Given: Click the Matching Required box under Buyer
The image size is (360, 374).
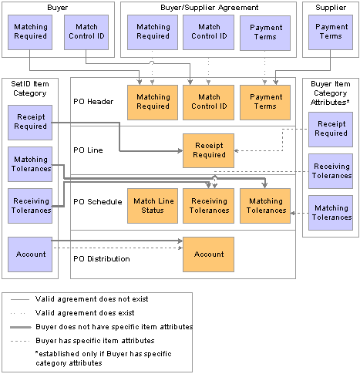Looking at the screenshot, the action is [30, 32].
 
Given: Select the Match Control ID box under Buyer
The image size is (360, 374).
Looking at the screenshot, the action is [86, 32].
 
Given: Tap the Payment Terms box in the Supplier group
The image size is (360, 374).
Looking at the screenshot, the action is [331, 32].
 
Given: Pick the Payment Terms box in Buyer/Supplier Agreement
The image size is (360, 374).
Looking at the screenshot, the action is [265, 33].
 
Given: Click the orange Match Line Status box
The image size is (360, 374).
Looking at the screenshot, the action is [153, 206].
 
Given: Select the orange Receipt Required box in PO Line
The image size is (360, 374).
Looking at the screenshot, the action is [208, 150].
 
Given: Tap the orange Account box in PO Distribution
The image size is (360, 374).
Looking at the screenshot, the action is [208, 254].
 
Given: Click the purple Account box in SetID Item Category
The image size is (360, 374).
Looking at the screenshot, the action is [30, 254].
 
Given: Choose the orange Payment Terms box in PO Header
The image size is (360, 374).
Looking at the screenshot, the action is [265, 103].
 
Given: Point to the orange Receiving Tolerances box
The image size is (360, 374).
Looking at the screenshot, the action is [208, 206].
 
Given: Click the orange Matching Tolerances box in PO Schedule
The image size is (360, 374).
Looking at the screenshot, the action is [265, 206].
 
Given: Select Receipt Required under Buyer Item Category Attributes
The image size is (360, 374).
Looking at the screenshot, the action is [331, 130].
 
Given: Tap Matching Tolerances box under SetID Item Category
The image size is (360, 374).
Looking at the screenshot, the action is [30, 164].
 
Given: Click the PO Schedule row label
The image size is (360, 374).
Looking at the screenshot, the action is [98, 202].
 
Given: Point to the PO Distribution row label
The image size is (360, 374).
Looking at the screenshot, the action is [102, 258].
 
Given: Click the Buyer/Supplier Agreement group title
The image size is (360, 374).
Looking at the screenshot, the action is [210, 8].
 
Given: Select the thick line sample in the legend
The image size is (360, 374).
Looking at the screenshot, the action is [21, 327].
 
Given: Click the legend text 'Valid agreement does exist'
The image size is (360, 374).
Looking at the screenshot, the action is [85, 313].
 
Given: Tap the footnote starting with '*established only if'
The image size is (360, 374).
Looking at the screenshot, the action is [103, 359].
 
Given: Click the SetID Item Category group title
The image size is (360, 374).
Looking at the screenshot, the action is [30, 89].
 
